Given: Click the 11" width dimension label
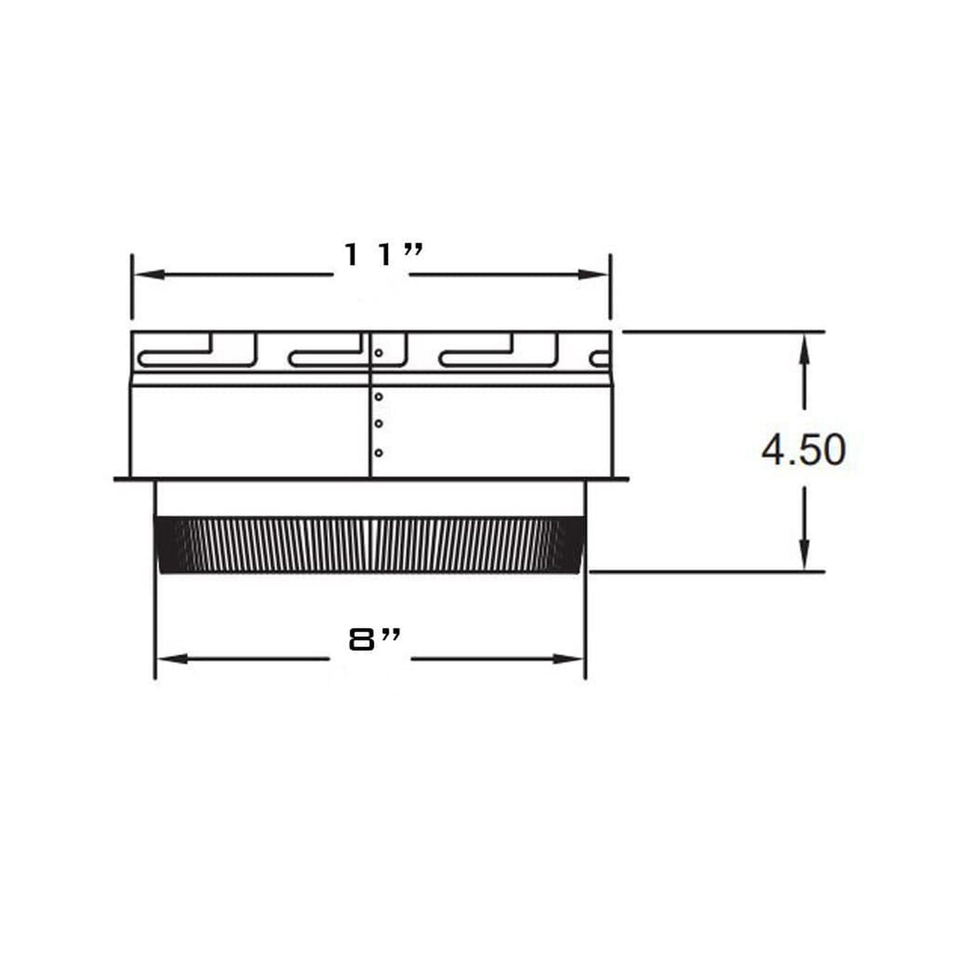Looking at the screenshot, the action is point(383,255).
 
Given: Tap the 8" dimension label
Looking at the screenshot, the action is point(375,640).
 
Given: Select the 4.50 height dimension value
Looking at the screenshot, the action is point(803,450).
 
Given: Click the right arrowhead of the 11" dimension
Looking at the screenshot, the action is point(593,275).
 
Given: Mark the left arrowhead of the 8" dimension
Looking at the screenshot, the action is point(173,660).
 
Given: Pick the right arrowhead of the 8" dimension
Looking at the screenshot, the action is point(568,660).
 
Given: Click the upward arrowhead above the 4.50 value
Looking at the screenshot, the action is point(805,349).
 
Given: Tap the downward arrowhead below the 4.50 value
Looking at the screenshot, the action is point(805,555).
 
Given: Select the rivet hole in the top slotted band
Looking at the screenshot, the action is point(379,353).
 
